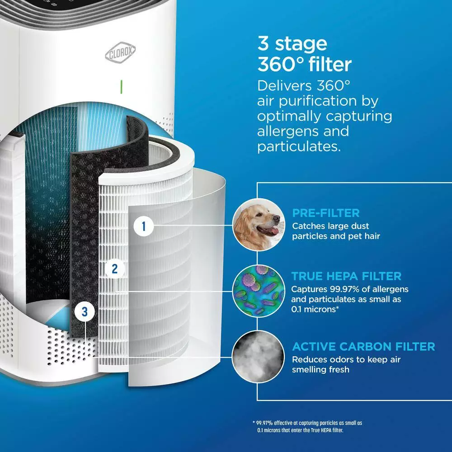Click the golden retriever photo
tap(256, 224)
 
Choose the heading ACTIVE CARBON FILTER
tap(363, 347)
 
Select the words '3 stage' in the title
tap(292, 44)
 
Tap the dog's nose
tap(275, 219)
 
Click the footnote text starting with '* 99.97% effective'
tap(307, 426)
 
